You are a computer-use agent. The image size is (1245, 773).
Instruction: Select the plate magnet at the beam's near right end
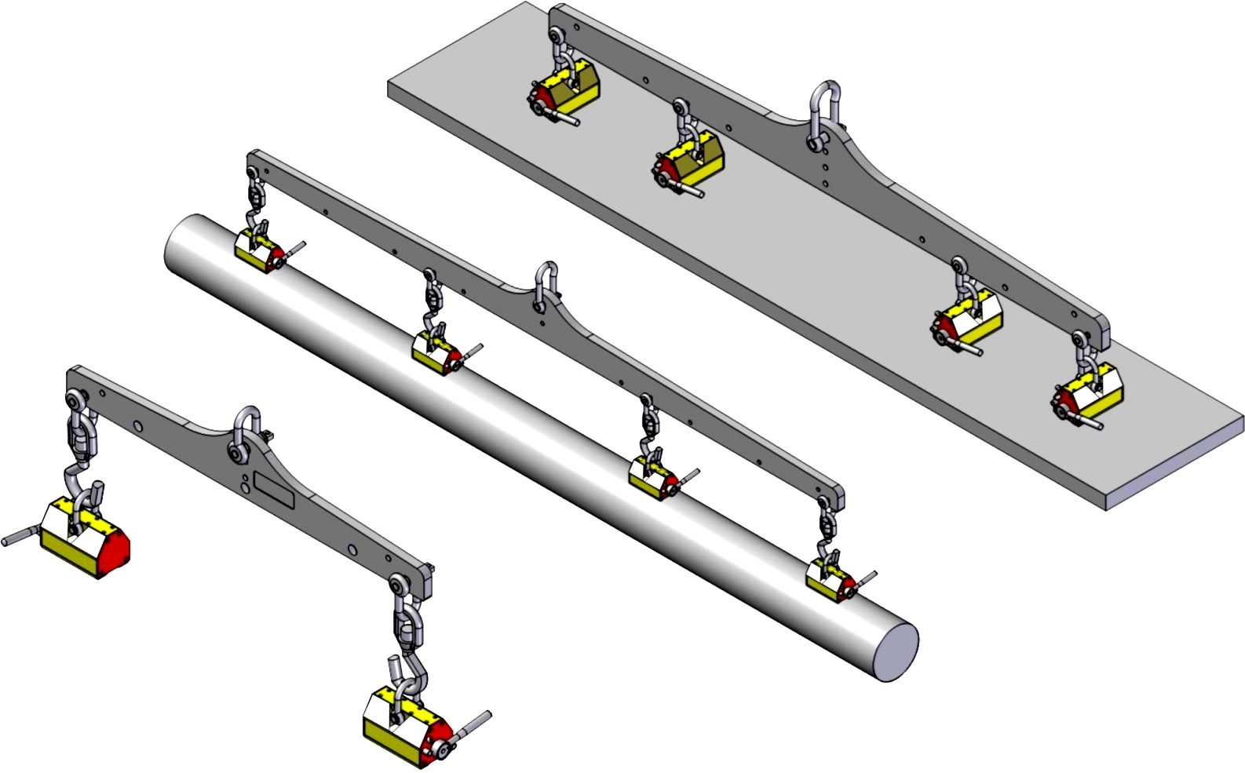coord(1089,396)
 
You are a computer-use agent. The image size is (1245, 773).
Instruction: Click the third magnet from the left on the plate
coord(967,321)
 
